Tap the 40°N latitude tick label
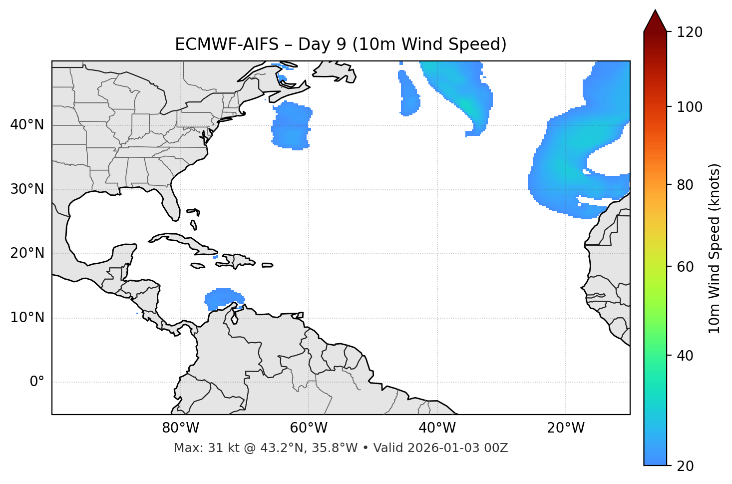coord(27,125)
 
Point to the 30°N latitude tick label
coord(27,189)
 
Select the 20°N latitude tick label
coord(27,253)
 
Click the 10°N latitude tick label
coord(27,318)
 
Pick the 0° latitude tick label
coord(37,382)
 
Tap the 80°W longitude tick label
coord(180,428)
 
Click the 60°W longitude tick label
coord(309,428)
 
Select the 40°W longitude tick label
coord(437,428)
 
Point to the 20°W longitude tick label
coord(565,428)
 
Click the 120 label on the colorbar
coord(690,32)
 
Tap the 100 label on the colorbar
coord(690,107)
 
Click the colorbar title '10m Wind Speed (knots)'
coord(715,248)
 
